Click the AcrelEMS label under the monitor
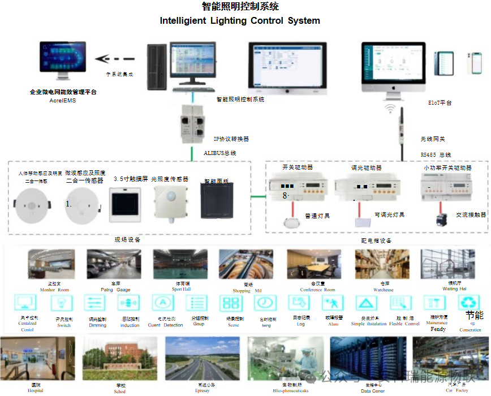[62, 100]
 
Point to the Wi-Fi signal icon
[390, 107]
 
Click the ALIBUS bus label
[219, 153]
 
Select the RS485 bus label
[436, 154]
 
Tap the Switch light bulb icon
[62, 303]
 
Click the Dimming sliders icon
[94, 303]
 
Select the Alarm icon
[332, 303]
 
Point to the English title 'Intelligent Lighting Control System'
[240, 21]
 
